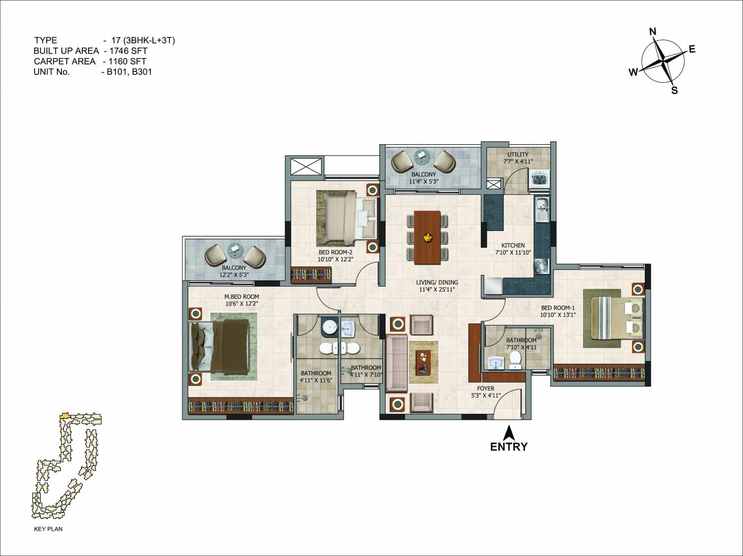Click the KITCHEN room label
pos(513,245)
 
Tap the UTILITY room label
pos(517,154)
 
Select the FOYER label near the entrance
pos(486,389)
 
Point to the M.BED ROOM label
pos(242,297)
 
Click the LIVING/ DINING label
pos(437,282)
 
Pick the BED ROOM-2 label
pos(335,252)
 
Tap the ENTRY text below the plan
pos(509,446)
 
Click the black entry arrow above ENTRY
pos(509,433)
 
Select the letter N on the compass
pos(653,32)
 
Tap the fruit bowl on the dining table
pos(428,237)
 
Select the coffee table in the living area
pos(423,362)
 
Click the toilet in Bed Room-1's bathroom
pos(514,359)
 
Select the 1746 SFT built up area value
pos(128,51)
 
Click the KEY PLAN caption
pos(48,529)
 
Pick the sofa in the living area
pos(397,363)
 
